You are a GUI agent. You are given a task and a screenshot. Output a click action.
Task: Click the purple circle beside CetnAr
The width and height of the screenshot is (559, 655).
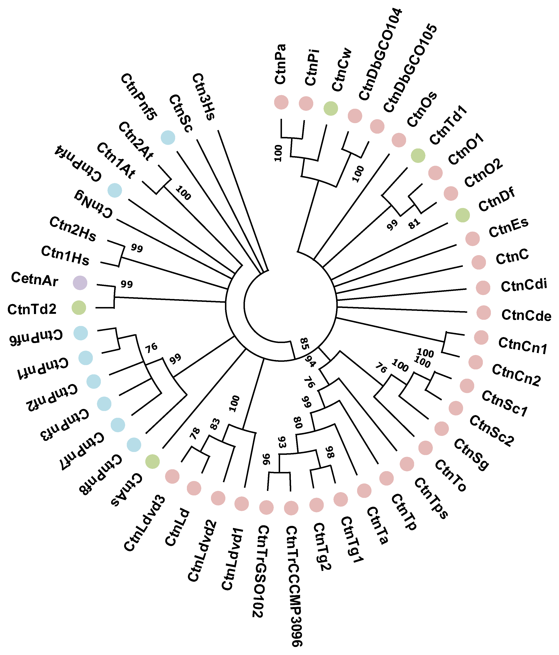(x=80, y=283)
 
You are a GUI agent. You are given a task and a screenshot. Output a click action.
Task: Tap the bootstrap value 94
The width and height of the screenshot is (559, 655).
(x=310, y=361)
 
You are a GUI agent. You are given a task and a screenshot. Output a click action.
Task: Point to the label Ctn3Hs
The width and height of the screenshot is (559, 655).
(x=204, y=96)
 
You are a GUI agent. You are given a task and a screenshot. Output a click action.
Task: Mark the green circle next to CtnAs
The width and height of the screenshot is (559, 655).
(x=152, y=461)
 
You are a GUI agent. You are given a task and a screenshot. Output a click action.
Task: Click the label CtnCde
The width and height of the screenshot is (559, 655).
(x=526, y=315)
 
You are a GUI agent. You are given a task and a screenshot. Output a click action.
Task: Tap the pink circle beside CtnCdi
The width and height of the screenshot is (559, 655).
(x=483, y=288)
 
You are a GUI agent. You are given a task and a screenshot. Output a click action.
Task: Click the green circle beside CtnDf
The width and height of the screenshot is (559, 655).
(x=463, y=215)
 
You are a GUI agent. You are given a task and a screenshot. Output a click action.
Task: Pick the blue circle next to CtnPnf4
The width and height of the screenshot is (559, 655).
(x=115, y=190)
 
